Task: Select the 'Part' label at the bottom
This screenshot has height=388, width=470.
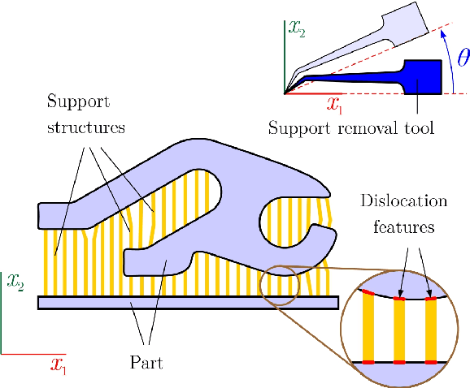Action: coord(146,362)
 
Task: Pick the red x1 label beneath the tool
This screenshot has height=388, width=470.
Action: coord(334,103)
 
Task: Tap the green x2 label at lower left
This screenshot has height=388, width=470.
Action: coord(15,282)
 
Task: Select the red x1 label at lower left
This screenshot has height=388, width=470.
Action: coord(58,365)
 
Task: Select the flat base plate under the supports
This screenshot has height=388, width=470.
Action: coord(187,303)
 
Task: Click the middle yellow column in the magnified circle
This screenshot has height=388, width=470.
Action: coord(400,330)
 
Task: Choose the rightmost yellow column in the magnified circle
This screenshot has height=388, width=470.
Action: coord(432,330)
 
